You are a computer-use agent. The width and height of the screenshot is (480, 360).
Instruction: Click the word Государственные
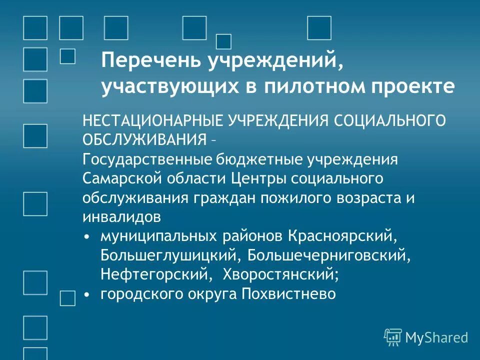point(147,159)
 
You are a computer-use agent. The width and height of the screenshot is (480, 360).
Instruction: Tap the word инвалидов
point(122,216)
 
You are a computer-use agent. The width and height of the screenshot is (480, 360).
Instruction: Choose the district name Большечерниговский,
point(329,255)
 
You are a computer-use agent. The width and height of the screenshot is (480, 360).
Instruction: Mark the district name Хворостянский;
point(280,274)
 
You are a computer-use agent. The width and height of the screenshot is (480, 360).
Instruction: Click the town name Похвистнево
point(288,293)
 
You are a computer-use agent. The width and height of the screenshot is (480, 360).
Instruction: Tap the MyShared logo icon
point(393,337)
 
